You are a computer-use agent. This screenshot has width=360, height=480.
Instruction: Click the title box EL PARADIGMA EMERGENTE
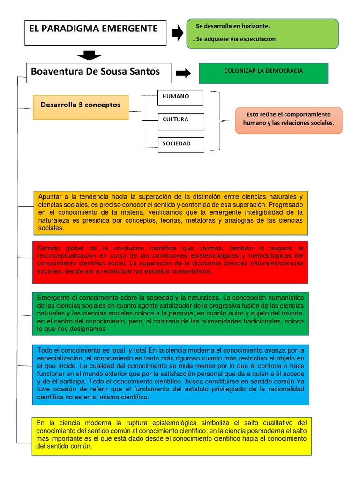(95, 32)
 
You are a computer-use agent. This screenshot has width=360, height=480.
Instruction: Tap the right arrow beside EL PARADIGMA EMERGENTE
(178, 33)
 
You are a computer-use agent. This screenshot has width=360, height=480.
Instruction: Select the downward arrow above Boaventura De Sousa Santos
(89, 56)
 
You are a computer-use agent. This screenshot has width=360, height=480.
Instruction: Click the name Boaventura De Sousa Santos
(95, 72)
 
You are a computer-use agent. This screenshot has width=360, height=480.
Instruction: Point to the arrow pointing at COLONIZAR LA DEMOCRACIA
(183, 73)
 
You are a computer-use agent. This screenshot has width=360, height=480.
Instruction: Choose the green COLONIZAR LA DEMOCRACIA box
(263, 73)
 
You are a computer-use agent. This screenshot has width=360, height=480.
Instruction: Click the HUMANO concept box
(180, 97)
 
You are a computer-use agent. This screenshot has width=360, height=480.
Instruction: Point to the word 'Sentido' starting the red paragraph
(49, 248)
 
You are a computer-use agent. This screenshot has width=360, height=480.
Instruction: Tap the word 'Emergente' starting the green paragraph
(54, 298)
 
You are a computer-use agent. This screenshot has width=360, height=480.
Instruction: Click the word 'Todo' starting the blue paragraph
(45, 350)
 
